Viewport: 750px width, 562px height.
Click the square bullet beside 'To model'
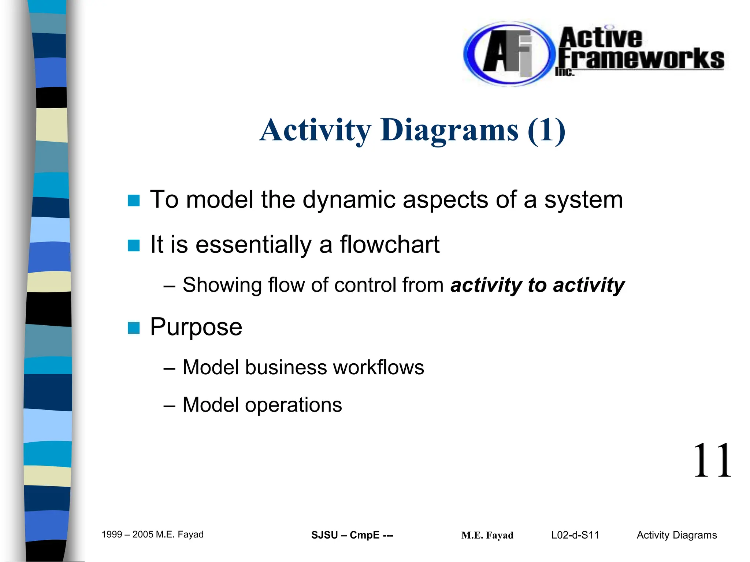click(134, 201)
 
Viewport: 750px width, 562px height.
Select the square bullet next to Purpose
click(134, 328)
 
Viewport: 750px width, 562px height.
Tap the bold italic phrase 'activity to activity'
click(537, 285)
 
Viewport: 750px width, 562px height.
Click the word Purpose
click(196, 327)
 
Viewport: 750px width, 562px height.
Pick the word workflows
click(378, 367)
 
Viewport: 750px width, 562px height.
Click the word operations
click(293, 405)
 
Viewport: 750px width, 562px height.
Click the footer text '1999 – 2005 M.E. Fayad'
click(152, 535)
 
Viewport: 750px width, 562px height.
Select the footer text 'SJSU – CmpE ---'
click(352, 535)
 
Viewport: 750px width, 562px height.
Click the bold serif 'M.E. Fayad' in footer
click(487, 535)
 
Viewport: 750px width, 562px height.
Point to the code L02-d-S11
click(575, 535)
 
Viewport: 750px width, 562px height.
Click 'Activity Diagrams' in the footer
click(676, 535)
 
